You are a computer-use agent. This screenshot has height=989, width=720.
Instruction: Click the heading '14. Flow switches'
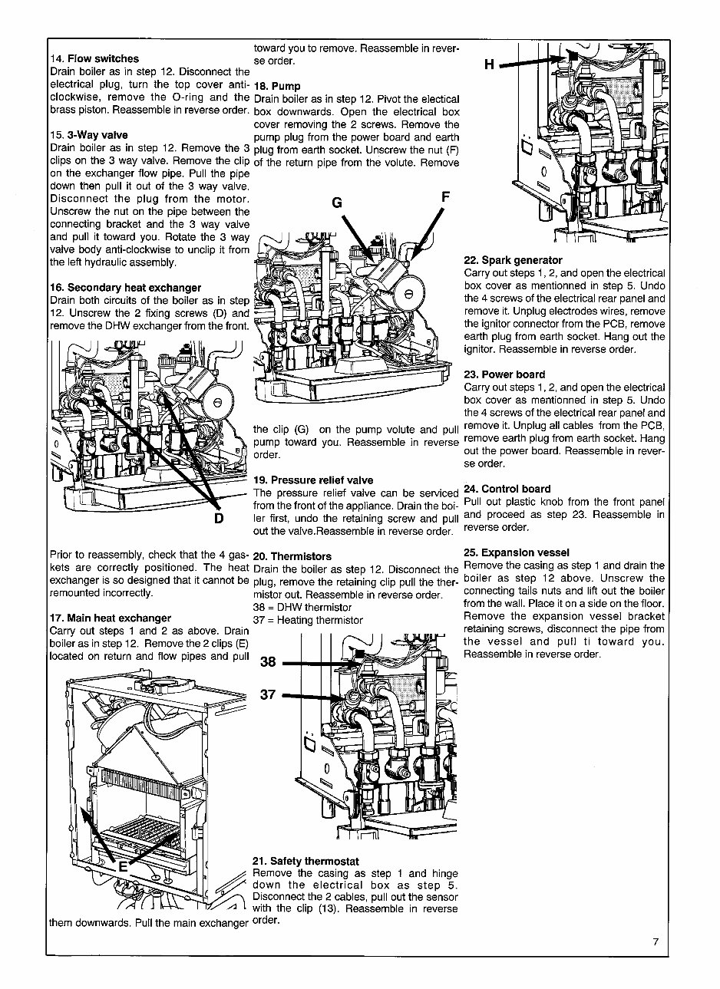94,58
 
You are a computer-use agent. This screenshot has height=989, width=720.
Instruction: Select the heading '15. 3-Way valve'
88,135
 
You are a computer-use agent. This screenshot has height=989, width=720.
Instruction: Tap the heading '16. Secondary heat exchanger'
125,288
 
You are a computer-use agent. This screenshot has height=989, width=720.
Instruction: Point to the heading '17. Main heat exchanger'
110,618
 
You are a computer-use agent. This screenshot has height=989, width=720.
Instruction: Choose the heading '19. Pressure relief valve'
312,480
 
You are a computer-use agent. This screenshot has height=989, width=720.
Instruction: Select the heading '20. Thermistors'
292,556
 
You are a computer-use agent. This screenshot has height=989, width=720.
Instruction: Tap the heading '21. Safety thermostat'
306,861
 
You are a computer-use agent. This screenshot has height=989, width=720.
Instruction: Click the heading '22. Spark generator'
513,260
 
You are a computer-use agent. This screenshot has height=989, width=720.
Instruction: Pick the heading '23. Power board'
504,374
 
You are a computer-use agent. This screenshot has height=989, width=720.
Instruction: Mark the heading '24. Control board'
507,489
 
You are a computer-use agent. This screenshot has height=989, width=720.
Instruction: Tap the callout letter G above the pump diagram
336,203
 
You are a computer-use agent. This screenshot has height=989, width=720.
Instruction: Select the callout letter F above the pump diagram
444,197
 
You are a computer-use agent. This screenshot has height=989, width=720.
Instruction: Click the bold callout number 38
267,662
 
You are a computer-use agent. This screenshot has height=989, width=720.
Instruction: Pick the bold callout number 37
267,695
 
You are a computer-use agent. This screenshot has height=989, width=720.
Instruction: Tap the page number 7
656,943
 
